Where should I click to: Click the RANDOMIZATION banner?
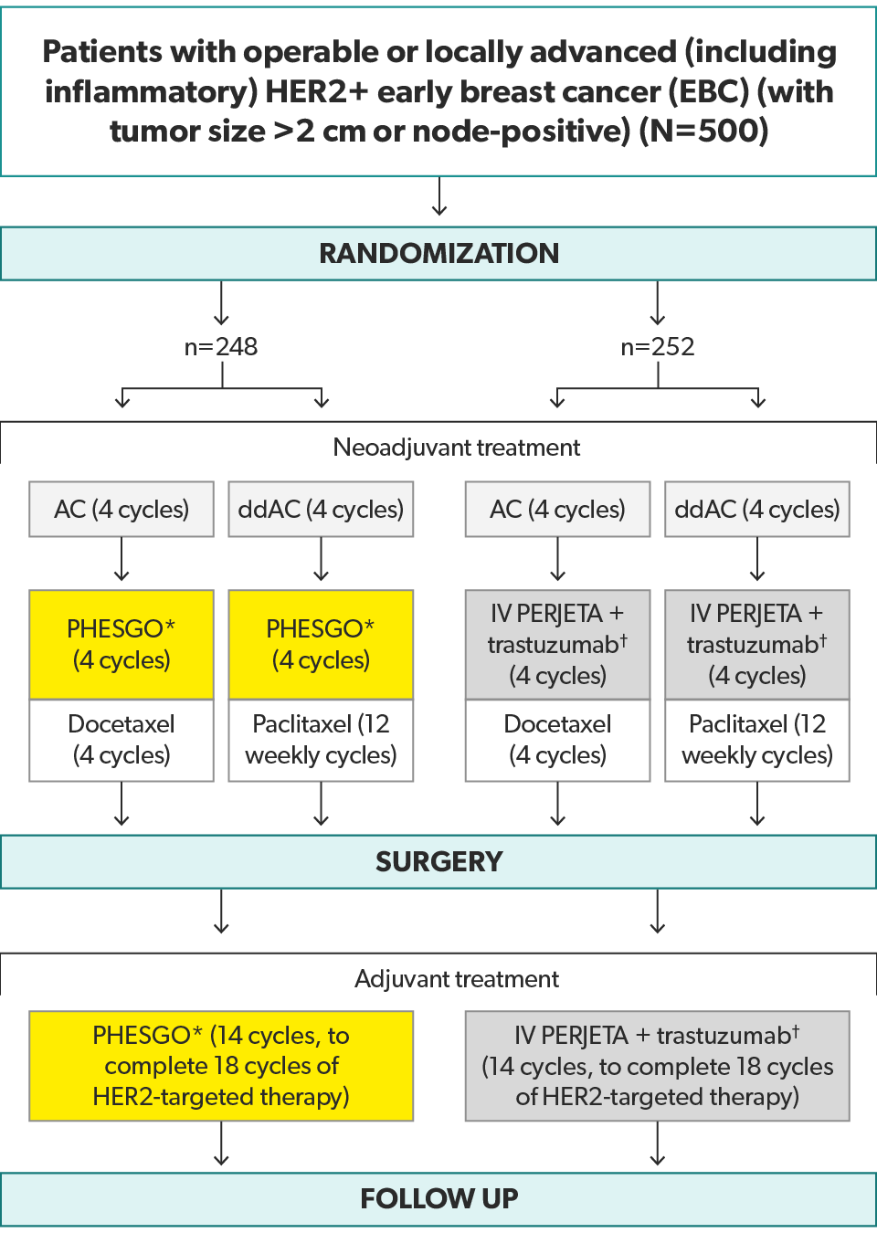pyautogui.click(x=438, y=253)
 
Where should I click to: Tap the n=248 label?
pyautogui.click(x=221, y=347)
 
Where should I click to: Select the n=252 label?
pyautogui.click(x=658, y=347)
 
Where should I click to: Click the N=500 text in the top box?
pyautogui.click(x=703, y=132)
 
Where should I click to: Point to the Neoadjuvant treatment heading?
pyautogui.click(x=457, y=448)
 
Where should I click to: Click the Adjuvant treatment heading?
pyautogui.click(x=457, y=979)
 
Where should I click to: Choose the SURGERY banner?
pyautogui.click(x=438, y=861)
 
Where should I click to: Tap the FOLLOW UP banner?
pyautogui.click(x=438, y=1198)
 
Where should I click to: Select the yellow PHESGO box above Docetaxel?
pyautogui.click(x=122, y=645)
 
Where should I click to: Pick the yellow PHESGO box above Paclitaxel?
pyautogui.click(x=321, y=645)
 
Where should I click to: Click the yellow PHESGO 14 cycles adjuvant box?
pyautogui.click(x=221, y=1066)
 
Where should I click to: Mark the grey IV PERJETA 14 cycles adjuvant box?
pyautogui.click(x=658, y=1066)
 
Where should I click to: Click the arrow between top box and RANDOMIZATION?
pyautogui.click(x=439, y=196)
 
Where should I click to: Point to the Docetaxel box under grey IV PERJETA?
pyautogui.click(x=558, y=740)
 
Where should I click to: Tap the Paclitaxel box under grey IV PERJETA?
pyautogui.click(x=757, y=740)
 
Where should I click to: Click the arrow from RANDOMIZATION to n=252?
pyautogui.click(x=658, y=303)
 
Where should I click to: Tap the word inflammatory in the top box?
pyautogui.click(x=152, y=92)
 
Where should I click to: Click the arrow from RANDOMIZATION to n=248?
pyautogui.click(x=221, y=303)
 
